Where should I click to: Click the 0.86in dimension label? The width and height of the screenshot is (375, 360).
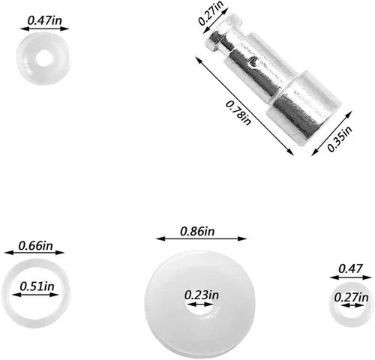click(197, 231)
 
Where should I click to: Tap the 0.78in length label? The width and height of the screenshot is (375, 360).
click(238, 112)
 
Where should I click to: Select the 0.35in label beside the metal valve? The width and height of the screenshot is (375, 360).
click(340, 139)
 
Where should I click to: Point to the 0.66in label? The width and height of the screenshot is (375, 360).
click(36, 246)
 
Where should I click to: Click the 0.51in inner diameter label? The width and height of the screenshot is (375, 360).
click(37, 286)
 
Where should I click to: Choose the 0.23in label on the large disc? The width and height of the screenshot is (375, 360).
click(202, 295)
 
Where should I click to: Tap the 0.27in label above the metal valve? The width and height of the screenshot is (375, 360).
click(211, 13)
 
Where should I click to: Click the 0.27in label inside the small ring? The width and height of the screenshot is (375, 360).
click(351, 298)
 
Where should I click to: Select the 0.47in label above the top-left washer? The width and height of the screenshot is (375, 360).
click(44, 20)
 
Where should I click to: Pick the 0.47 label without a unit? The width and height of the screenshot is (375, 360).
click(350, 268)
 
